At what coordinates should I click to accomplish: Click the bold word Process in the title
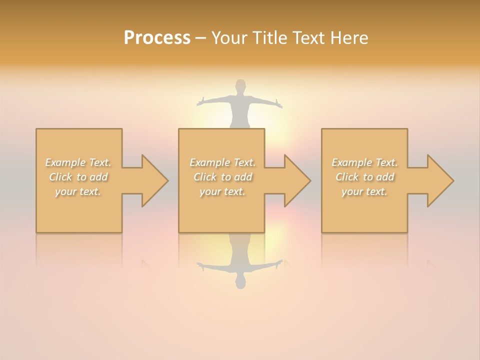coord(157,38)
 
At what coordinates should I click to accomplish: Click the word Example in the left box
coord(65,162)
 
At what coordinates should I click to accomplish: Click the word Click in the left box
coord(60,177)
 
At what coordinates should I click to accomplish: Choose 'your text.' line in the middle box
coord(222,191)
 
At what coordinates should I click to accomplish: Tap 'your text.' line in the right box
coord(364,191)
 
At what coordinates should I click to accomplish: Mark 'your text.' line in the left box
coord(78,191)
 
